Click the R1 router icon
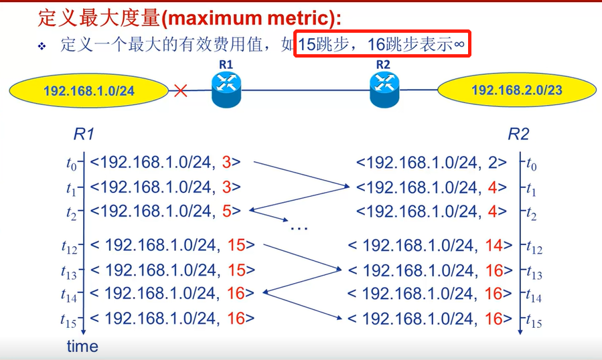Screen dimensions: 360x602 [x=225, y=90]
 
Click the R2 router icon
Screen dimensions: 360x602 [x=384, y=89]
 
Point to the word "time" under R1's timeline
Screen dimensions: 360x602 [x=82, y=346]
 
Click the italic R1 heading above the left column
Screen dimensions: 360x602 [x=83, y=134]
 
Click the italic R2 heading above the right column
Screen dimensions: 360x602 [x=518, y=134]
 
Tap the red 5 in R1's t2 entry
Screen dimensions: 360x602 [x=226, y=211]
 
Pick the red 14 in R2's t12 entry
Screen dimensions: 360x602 [x=493, y=245]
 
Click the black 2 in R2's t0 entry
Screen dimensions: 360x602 [x=492, y=162]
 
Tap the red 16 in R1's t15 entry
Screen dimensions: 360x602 [x=236, y=319]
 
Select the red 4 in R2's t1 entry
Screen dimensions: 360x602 [x=492, y=187]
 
